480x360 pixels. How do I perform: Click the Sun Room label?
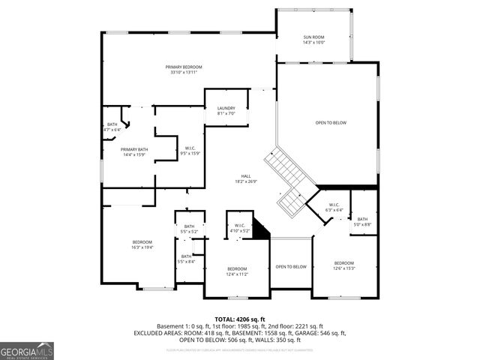pyautogui.click(x=313, y=40)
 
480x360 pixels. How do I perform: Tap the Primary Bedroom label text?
pyautogui.click(x=184, y=70)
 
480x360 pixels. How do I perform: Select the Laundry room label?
pyautogui.click(x=226, y=111)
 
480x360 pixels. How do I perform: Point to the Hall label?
pyautogui.click(x=245, y=178)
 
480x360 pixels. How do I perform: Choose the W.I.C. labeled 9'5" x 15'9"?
pyautogui.click(x=190, y=151)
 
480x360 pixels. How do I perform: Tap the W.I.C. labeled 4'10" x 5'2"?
pyautogui.click(x=239, y=227)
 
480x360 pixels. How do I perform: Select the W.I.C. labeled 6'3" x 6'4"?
pyautogui.click(x=334, y=208)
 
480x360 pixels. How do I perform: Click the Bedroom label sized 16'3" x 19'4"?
pyautogui.click(x=142, y=244)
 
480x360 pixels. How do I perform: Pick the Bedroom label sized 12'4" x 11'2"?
pyautogui.click(x=237, y=271)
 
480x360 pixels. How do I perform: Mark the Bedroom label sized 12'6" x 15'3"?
pyautogui.click(x=343, y=265)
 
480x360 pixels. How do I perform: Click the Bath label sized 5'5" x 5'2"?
pyautogui.click(x=189, y=229)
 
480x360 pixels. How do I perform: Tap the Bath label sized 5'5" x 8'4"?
pyautogui.click(x=185, y=259)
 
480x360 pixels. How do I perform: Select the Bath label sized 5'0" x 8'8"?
pyautogui.click(x=362, y=221)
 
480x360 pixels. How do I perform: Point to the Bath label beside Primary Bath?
pyautogui.click(x=112, y=127)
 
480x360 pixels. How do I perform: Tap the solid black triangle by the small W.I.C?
pyautogui.click(x=261, y=229)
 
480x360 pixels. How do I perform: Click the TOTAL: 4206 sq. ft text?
pyautogui.click(x=240, y=319)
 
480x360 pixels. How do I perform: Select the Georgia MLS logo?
pyautogui.click(x=27, y=351)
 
